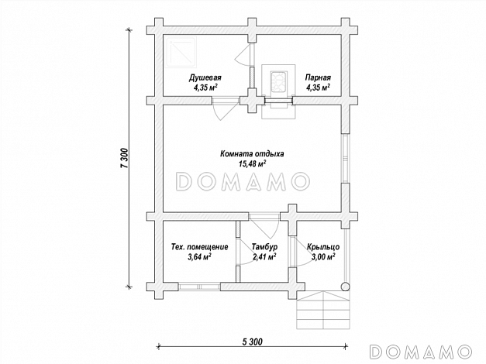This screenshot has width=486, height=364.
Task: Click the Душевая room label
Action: point(205,77)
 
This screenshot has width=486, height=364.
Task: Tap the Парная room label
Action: point(318,77)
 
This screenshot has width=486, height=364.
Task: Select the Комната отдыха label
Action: point(252,153)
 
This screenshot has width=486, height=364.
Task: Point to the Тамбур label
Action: point(264,247)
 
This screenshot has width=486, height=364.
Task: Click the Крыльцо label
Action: point(323,247)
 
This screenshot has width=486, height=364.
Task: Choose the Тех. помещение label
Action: point(200,247)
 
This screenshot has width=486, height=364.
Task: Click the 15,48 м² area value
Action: point(252,163)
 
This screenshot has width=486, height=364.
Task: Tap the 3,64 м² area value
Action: point(199,257)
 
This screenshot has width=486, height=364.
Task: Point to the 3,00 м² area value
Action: point(323,257)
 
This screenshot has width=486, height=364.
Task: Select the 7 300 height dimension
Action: point(124,158)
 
